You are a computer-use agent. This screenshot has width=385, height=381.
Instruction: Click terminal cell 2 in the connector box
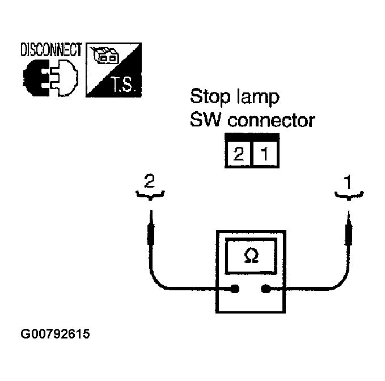(x=239, y=153)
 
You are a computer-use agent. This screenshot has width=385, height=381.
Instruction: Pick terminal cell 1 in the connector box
(x=265, y=153)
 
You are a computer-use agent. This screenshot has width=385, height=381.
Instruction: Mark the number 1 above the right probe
(x=348, y=182)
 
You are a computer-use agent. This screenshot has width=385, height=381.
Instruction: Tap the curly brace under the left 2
(x=150, y=196)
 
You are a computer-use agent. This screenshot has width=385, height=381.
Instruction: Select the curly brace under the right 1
(x=348, y=196)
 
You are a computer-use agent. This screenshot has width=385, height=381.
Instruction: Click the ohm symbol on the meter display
(x=250, y=256)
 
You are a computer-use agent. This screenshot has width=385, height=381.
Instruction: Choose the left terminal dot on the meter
(x=235, y=290)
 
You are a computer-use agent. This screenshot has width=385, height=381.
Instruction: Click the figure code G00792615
(x=55, y=335)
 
